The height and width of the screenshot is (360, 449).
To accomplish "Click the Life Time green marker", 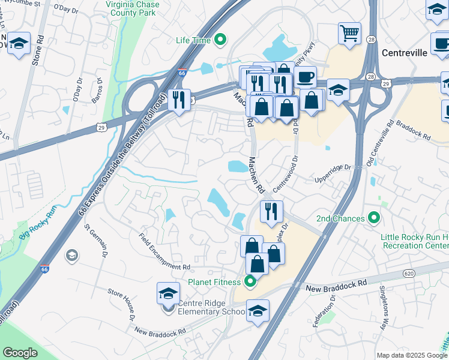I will (x=220, y=40).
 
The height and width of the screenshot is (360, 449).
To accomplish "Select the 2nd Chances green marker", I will (x=375, y=218).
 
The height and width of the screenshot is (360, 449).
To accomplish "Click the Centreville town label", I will (x=404, y=53).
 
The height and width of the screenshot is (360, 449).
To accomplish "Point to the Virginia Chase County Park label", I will (x=133, y=8).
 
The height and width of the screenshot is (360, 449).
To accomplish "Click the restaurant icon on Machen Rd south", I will (x=271, y=211).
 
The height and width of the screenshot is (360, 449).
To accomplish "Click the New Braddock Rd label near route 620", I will (x=337, y=283).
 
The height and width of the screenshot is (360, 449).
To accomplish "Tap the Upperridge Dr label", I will (x=332, y=173).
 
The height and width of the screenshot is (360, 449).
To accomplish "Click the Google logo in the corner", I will (x=20, y=352).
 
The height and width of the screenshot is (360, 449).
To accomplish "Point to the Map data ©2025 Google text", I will (x=412, y=355).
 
